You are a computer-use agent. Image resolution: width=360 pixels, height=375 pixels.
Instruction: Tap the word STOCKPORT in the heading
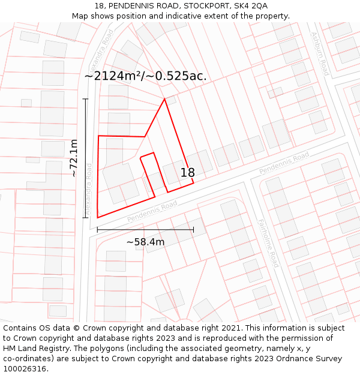[203, 6]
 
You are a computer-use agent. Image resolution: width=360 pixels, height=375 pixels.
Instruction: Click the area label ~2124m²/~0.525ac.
[146, 76]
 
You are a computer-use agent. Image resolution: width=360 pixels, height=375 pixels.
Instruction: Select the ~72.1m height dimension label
[73, 158]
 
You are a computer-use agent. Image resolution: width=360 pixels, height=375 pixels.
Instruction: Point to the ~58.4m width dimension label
[145, 241]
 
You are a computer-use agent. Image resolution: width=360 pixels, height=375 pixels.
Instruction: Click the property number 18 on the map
[187, 173]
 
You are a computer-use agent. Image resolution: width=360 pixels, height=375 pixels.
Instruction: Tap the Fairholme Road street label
[268, 242]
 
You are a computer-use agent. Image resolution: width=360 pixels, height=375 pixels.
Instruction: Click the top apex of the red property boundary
[164, 100]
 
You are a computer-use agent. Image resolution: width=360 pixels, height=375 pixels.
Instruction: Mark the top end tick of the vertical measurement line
[86, 99]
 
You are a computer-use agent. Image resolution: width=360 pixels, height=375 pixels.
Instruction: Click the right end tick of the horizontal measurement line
[193, 229]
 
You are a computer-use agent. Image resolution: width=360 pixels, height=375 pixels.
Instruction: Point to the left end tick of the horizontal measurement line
[97, 229]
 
